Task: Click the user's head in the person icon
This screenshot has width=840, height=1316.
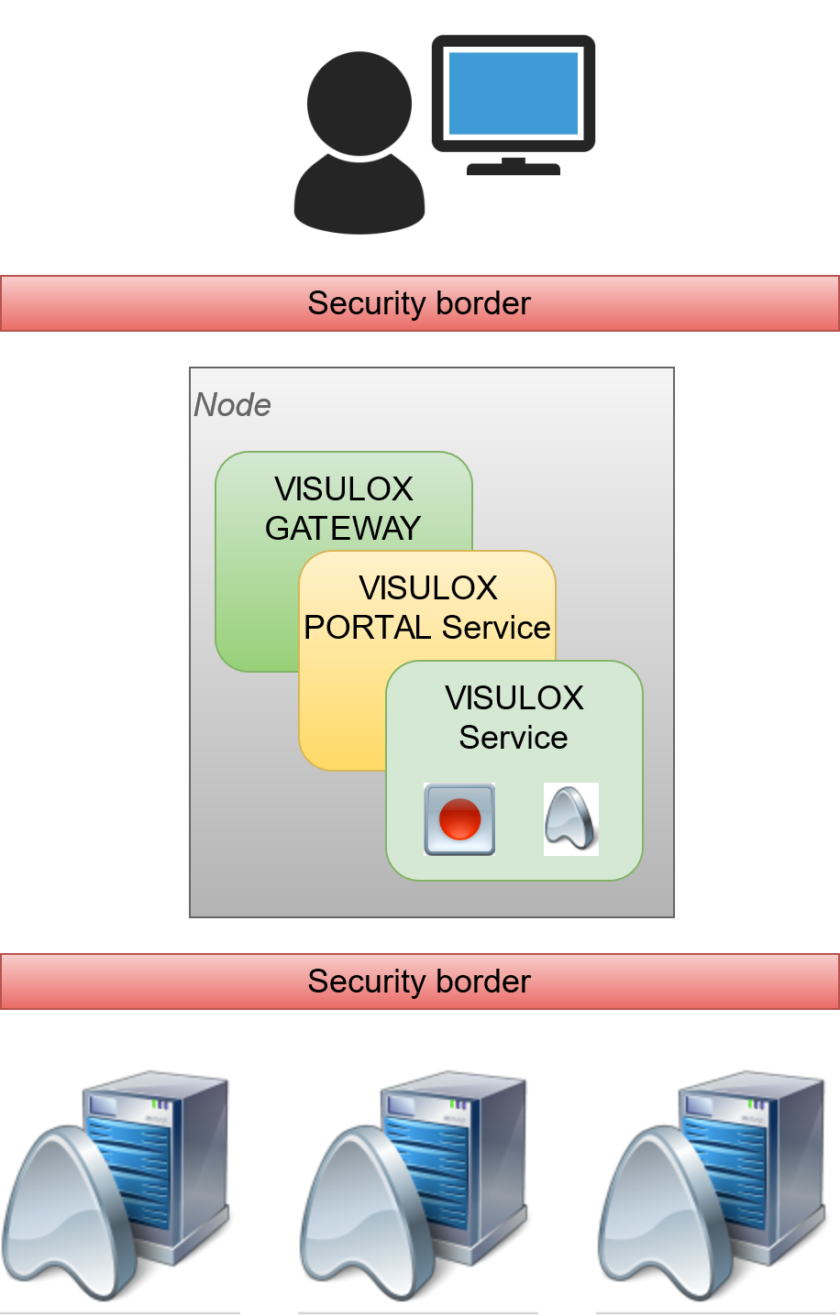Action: point(359,103)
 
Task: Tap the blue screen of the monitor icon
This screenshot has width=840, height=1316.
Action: point(514,93)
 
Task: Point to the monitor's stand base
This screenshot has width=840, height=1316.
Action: point(514,169)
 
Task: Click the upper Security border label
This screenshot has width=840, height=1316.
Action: point(419,303)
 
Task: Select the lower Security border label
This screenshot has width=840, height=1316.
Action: point(419,982)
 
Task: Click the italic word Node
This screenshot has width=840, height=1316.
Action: point(232,405)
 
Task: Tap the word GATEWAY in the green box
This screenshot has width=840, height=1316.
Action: point(343,529)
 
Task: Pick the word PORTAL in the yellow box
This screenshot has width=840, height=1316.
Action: point(368,628)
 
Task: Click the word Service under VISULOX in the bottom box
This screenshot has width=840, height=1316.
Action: point(514,738)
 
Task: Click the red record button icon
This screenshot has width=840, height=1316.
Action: point(459,819)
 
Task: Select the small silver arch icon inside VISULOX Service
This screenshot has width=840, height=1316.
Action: point(570,819)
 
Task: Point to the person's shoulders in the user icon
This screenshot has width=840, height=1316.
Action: point(359,197)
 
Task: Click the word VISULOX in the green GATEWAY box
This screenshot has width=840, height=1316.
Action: point(344,489)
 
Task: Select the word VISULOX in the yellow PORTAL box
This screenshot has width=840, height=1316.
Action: point(428,588)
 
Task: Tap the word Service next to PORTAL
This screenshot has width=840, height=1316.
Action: point(495,628)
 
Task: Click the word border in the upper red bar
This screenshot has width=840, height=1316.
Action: point(485,303)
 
